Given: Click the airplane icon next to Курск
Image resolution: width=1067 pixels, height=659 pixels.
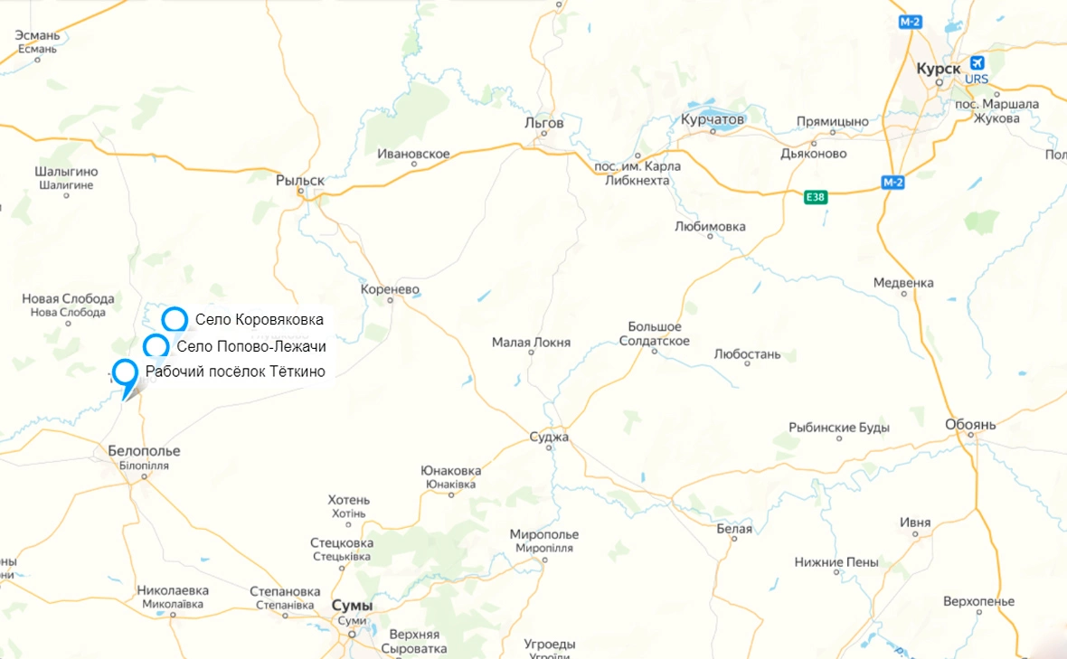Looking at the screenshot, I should tap(976, 63).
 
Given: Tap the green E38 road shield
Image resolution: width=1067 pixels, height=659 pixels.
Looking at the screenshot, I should tap(815, 196).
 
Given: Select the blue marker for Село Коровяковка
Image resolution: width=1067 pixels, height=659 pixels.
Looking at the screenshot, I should tap(175, 319).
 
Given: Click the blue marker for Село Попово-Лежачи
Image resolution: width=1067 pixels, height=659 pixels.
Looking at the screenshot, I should tap(156, 346).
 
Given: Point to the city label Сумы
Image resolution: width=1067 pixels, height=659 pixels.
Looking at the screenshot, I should tap(352, 605).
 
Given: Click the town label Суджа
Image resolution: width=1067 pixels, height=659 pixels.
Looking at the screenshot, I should tap(549, 438).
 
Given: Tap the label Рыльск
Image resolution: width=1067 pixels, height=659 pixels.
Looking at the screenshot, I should tap(299, 181).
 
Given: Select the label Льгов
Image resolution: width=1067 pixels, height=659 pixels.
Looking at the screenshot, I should tap(543, 123).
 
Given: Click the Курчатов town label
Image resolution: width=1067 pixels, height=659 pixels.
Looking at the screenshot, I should tap(713, 119).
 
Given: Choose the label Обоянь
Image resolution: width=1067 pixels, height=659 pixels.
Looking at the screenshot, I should tap(970, 424).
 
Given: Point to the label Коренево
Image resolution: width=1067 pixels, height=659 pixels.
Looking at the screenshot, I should tap(390, 289).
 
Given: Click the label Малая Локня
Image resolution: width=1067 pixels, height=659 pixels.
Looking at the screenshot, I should tap(531, 343).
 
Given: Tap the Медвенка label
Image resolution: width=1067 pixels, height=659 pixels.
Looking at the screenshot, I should tap(903, 283).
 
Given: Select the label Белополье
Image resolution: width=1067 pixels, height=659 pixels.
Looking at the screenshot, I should tap(144, 450).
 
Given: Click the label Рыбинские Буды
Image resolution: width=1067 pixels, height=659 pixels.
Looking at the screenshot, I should tap(839, 428).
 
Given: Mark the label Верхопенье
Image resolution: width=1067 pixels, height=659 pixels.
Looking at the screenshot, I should tap(978, 600).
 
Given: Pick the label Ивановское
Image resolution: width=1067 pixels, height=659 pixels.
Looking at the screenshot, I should tap(413, 154).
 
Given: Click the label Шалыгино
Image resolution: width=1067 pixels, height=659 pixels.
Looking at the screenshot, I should tap(66, 172).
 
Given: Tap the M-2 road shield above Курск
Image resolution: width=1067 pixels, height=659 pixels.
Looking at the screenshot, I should tap(911, 22).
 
